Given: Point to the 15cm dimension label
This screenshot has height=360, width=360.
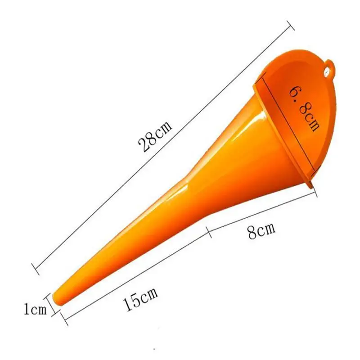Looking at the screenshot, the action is (x=140, y=298).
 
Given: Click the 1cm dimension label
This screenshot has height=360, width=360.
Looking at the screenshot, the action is (x=35, y=309).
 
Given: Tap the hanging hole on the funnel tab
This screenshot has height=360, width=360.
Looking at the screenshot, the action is (x=327, y=72).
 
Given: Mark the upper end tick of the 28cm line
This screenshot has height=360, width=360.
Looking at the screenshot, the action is (x=291, y=26).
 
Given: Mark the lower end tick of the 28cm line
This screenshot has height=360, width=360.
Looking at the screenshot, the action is (x=35, y=269).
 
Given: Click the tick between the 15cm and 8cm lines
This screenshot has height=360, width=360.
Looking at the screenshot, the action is (x=209, y=232).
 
